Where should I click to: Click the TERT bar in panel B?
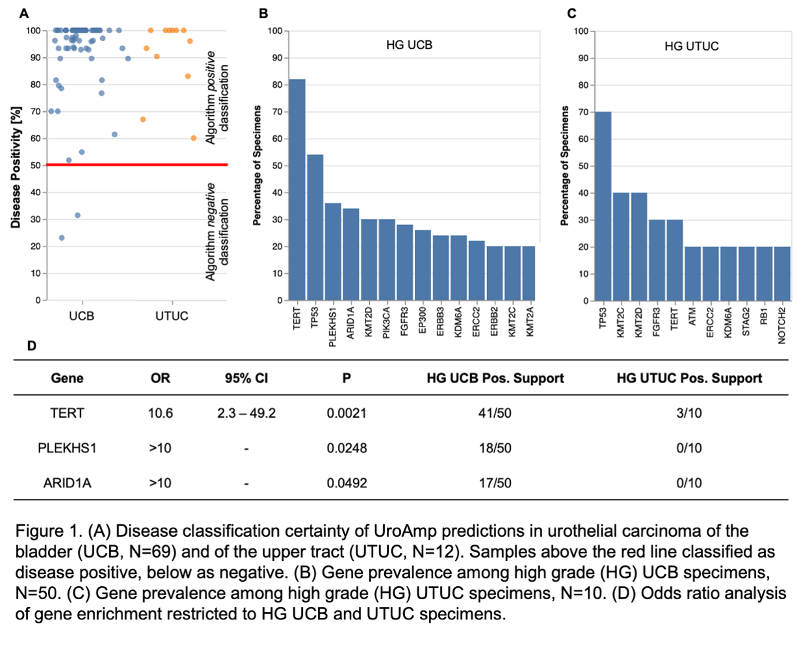point(297,189)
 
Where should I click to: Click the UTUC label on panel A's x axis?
point(172,316)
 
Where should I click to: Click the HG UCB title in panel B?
point(409,45)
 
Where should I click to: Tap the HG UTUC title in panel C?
point(691,46)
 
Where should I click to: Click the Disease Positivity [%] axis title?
point(16,167)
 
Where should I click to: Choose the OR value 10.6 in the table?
point(161,413)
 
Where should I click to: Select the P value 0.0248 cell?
point(347,448)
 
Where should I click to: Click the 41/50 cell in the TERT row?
point(495,413)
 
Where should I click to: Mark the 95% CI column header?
point(246,378)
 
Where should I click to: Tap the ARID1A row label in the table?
point(67,483)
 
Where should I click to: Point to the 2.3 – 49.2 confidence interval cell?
point(246,413)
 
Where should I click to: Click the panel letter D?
point(31,345)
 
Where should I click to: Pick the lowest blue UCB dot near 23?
point(62,238)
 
